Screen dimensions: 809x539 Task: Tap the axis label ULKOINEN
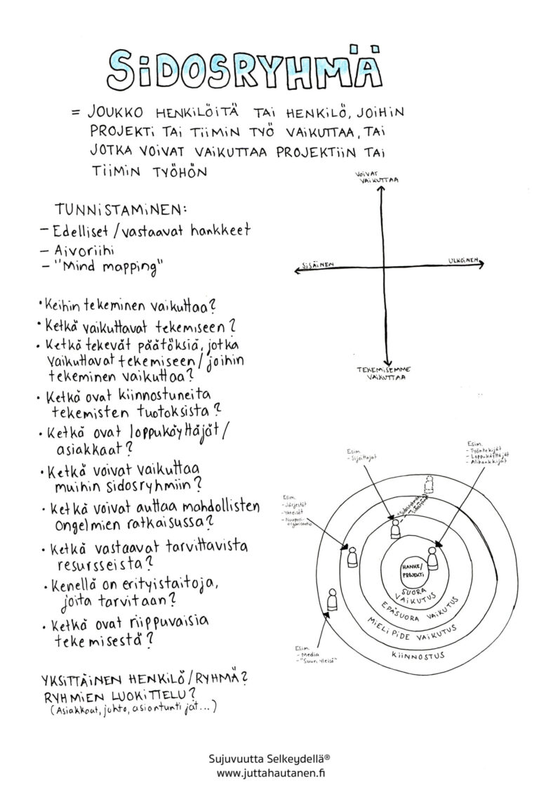(463, 261)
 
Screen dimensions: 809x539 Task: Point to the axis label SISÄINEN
(317, 265)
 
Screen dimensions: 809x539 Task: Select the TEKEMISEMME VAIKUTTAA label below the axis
(385, 372)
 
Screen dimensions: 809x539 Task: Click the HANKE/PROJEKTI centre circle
(411, 569)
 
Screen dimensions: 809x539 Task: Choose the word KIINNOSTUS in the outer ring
(415, 653)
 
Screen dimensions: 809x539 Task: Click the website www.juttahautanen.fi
(269, 774)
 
